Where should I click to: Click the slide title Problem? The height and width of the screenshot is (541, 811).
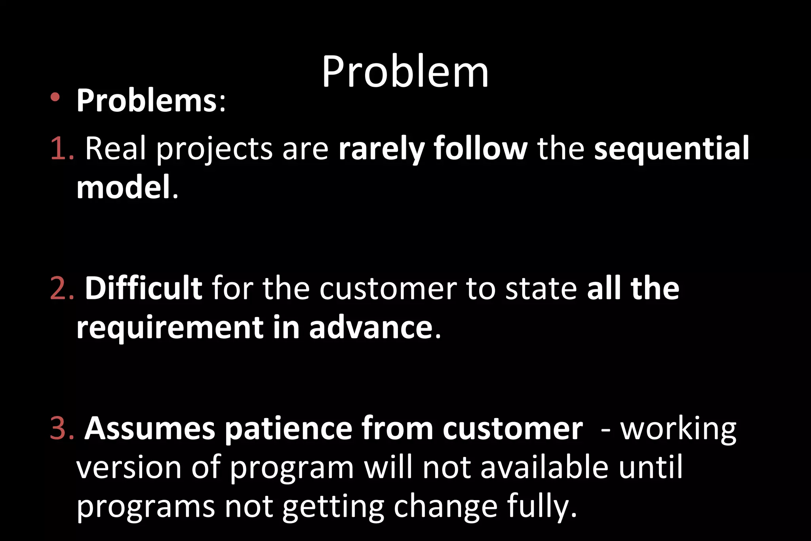point(405,72)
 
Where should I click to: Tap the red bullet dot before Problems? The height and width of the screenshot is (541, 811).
point(55,97)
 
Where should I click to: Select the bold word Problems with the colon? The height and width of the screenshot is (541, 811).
point(151,101)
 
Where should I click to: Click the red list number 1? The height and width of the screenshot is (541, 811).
point(62,149)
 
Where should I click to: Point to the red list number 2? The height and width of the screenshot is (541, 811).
point(62,289)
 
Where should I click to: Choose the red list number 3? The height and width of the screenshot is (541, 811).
point(62,429)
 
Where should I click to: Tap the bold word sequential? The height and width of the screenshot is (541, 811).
point(672,149)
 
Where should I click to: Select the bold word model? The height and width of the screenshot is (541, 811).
point(124,187)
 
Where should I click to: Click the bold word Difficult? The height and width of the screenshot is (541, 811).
point(144,289)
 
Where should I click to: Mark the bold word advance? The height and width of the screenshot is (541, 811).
point(371,328)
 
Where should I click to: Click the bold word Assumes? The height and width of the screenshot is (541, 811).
point(150,429)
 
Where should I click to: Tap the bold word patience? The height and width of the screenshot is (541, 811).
point(288,429)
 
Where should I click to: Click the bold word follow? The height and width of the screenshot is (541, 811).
point(480,149)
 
